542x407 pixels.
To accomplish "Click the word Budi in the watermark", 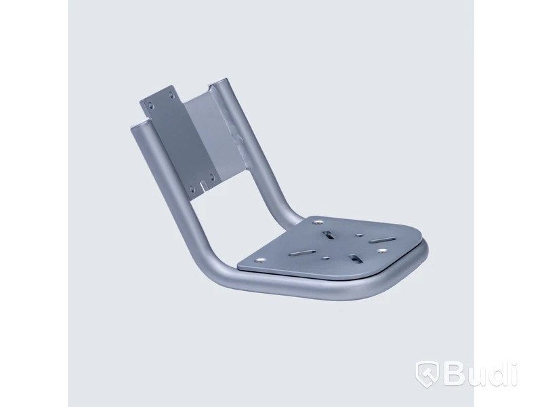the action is coord(481,374).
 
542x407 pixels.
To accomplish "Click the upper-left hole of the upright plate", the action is coord(149,104).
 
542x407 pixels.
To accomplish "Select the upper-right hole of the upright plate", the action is coord(171,94).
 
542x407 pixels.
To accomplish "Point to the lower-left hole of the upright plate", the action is coord(192,190).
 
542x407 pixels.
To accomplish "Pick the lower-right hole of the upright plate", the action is coord(213,178).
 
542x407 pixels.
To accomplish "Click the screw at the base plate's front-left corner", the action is coord(260,261).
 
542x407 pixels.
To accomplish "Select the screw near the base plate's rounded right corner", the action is coord(382,250).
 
